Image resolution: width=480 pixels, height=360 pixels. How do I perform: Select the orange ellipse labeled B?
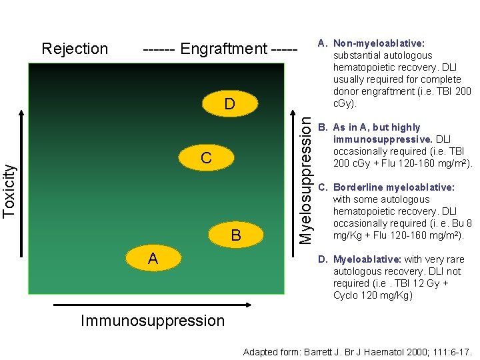(236, 235)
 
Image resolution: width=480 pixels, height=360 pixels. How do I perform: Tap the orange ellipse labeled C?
(206, 157)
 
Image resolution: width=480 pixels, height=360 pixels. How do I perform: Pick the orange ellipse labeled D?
(229, 105)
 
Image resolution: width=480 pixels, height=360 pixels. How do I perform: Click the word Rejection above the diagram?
(75, 49)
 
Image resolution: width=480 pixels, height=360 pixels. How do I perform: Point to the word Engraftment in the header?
(223, 49)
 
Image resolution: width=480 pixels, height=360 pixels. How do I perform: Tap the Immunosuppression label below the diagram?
(153, 321)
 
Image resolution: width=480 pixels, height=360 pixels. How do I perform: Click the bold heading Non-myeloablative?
(379, 43)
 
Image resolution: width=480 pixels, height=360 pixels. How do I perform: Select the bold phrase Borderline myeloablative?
(393, 187)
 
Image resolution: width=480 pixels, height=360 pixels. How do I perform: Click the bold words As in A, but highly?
(377, 127)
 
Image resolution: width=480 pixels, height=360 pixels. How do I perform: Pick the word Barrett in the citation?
(320, 351)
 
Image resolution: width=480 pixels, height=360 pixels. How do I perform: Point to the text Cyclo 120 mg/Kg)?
(373, 295)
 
